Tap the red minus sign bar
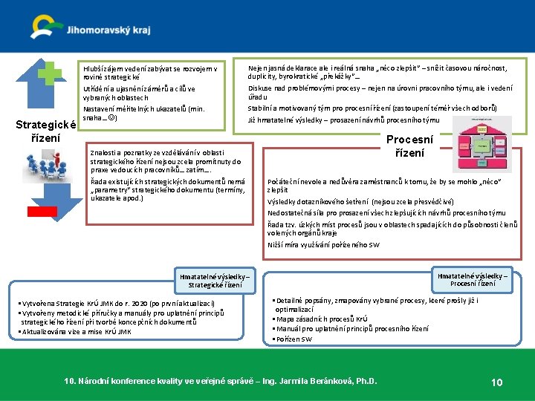click(x=42, y=211)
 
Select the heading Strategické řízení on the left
click(x=46, y=131)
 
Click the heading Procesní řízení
click(x=409, y=146)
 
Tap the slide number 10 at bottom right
click(x=497, y=382)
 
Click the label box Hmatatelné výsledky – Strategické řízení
click(x=215, y=281)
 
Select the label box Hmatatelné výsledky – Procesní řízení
click(x=473, y=279)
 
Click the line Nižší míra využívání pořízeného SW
click(x=323, y=244)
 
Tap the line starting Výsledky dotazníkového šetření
click(x=360, y=201)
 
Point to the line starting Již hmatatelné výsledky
click(x=343, y=120)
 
